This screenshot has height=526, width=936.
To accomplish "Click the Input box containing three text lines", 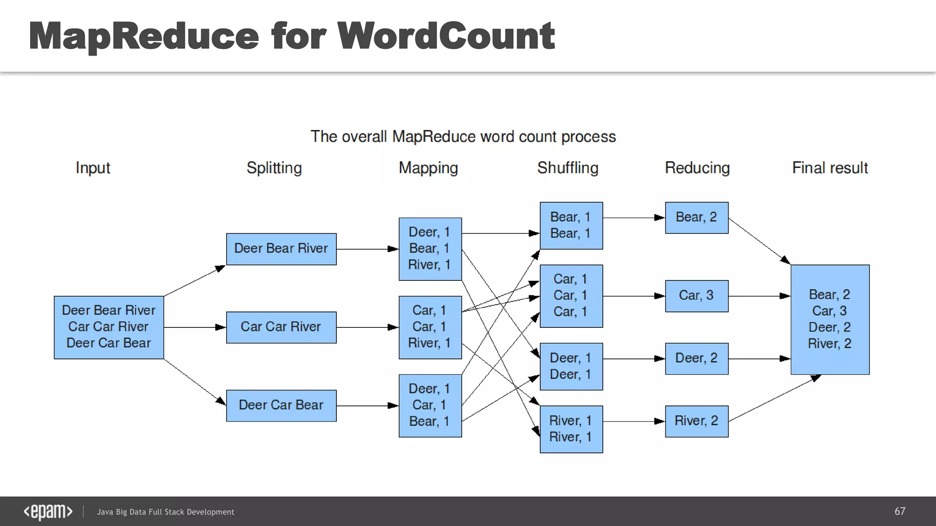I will pyautogui.click(x=109, y=327).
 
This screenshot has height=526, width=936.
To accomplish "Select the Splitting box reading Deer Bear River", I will pyautogui.click(x=281, y=249).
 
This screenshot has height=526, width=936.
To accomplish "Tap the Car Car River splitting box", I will pyautogui.click(x=281, y=327).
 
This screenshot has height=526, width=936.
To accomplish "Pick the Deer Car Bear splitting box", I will pyautogui.click(x=281, y=405).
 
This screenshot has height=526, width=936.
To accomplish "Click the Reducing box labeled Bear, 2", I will pyautogui.click(x=697, y=218).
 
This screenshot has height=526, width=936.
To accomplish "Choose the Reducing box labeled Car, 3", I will pyautogui.click(x=697, y=296).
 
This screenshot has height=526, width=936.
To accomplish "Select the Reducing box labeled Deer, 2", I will pyautogui.click(x=697, y=358).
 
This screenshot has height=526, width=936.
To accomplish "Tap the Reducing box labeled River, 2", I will pyautogui.click(x=697, y=421).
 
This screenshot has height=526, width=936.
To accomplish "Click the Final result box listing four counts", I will pyautogui.click(x=830, y=319).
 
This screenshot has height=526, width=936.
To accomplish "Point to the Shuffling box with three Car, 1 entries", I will pyautogui.click(x=571, y=296).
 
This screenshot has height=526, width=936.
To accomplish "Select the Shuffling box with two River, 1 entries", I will pyautogui.click(x=571, y=429).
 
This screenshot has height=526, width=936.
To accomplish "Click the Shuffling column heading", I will pyautogui.click(x=568, y=168).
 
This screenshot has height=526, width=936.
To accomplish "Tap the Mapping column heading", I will pyautogui.click(x=428, y=168).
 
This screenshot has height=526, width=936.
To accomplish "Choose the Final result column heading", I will pyautogui.click(x=830, y=168).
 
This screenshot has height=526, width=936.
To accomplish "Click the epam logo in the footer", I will pyautogui.click(x=48, y=512).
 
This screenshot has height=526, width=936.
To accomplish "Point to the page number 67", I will pyautogui.click(x=899, y=511).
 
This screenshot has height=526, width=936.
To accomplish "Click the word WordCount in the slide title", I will pyautogui.click(x=446, y=37).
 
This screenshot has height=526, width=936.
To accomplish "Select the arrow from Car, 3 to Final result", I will pyautogui.click(x=759, y=296).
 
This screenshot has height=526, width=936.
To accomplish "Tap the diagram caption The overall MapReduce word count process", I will pyautogui.click(x=463, y=137).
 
